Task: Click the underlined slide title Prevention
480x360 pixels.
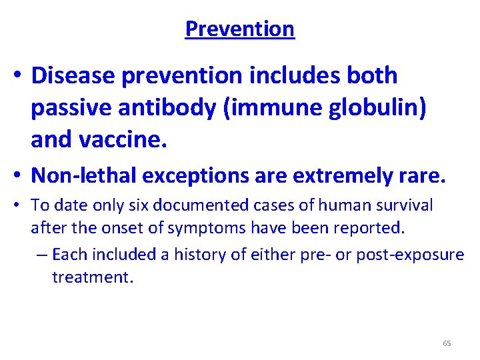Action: point(239,29)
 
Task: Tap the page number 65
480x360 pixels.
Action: point(447,343)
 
